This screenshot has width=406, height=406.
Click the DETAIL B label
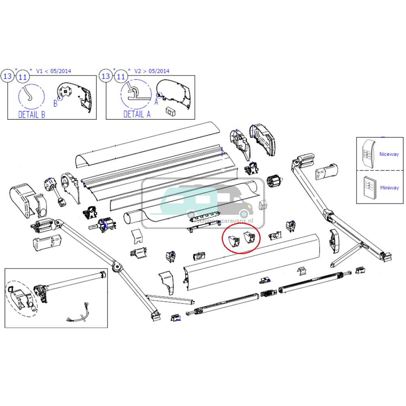32,114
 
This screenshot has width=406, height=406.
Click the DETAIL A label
137,114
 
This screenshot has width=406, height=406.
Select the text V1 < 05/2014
54,71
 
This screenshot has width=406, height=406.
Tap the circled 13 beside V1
8,76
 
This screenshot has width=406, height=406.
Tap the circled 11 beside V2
121,76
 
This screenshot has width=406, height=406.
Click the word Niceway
389,154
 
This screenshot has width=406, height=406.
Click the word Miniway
389,188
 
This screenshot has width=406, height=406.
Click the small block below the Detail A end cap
170,110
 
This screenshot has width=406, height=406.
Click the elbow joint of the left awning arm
117,267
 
